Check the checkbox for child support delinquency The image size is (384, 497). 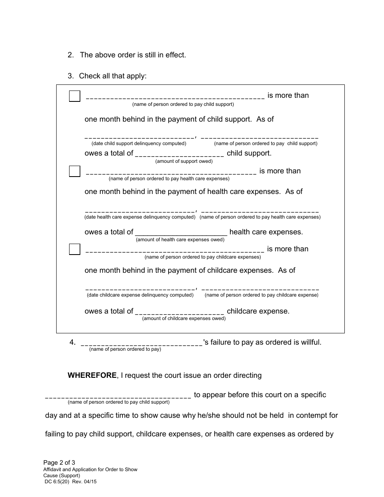(74, 96)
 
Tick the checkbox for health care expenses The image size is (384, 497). (74, 171)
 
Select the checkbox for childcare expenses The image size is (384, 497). (74, 249)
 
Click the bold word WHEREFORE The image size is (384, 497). (92, 375)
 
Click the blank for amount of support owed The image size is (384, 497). (179, 154)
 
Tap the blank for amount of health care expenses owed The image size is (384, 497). (181, 233)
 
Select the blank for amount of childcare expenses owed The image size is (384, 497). (179, 312)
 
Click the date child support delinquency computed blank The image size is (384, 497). (139, 137)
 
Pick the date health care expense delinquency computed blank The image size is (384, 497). (139, 211)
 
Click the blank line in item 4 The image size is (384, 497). (141, 343)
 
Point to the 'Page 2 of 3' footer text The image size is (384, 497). (59, 463)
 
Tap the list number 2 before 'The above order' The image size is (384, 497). (70, 55)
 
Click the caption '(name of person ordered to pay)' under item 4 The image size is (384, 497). (125, 349)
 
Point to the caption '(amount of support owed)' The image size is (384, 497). (184, 161)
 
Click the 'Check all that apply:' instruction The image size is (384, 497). (112, 76)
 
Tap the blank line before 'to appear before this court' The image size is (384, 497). (118, 396)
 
